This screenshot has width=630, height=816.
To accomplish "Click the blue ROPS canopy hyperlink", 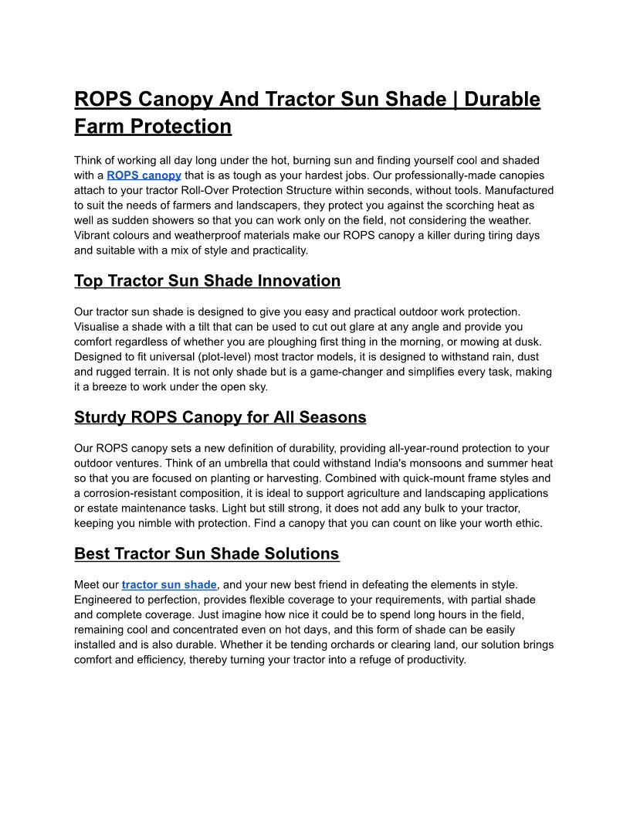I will pyautogui.click(x=144, y=175).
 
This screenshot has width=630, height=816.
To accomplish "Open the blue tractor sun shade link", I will pyautogui.click(x=169, y=585).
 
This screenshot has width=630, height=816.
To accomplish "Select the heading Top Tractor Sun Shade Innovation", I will pyautogui.click(x=207, y=281).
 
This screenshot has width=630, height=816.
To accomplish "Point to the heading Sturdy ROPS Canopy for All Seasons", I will pyautogui.click(x=220, y=418).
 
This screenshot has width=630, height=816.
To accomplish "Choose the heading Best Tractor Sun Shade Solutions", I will pyautogui.click(x=206, y=554).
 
